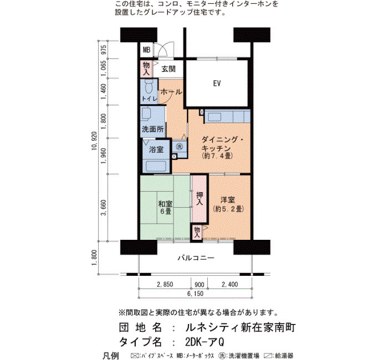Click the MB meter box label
tap(146, 50)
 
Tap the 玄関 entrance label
tap(169, 69)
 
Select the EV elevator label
tap(217, 83)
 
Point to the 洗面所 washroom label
tap(152, 129)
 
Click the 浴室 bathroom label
tap(156, 150)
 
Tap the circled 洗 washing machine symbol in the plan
tap(179, 147)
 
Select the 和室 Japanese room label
tap(165, 204)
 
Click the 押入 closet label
tap(200, 198)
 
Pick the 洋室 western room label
tap(228, 199)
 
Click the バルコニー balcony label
tap(196, 258)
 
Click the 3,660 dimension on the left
tap(104, 208)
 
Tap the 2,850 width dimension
tap(165, 284)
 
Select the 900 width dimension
tap(199, 284)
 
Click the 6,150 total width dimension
tap(195, 294)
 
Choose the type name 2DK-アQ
tap(205, 342)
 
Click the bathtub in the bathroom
tap(156, 166)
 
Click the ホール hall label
tap(171, 92)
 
